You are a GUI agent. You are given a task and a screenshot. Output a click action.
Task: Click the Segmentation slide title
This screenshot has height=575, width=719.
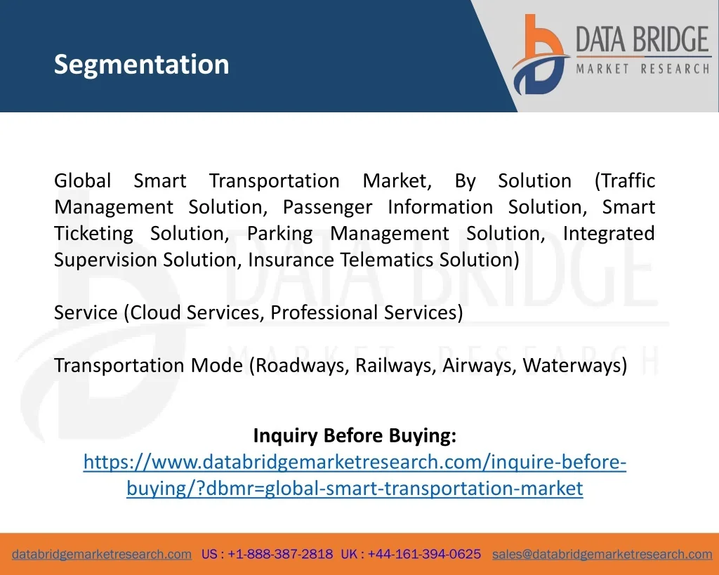pos(141,65)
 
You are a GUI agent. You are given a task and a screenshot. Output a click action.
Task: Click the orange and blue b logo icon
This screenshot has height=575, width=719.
pos(540,55)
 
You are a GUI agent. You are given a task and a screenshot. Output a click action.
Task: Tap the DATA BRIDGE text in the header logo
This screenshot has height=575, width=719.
pos(642,39)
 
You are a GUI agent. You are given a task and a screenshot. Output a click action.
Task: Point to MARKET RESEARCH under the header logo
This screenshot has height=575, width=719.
pos(642,70)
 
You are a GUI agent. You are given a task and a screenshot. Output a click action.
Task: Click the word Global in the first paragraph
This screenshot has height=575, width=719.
pos(83,180)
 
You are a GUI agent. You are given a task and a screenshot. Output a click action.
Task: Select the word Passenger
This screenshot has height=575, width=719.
pos(327,207)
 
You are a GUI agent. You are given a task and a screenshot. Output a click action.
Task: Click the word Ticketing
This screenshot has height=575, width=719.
pos(93,234)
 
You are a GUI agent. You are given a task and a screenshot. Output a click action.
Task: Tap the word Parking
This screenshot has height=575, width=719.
pos(279,234)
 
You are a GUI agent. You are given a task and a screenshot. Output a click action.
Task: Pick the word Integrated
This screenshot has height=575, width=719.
pos(609,234)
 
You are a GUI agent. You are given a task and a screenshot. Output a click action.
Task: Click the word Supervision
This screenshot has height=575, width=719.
pos(106,260)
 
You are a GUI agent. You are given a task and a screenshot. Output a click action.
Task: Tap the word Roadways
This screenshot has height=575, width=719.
pos(303,366)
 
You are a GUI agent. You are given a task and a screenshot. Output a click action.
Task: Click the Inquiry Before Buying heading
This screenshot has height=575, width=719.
pos(355,435)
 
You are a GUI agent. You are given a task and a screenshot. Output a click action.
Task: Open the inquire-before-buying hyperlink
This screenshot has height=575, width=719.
pos(355,475)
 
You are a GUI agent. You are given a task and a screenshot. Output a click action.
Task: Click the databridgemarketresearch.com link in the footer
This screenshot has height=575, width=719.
pos(102,555)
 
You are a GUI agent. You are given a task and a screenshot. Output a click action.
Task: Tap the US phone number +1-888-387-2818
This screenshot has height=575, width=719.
pos(280,554)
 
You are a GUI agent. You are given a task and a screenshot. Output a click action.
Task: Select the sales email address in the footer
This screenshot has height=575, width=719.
pos(602,555)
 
